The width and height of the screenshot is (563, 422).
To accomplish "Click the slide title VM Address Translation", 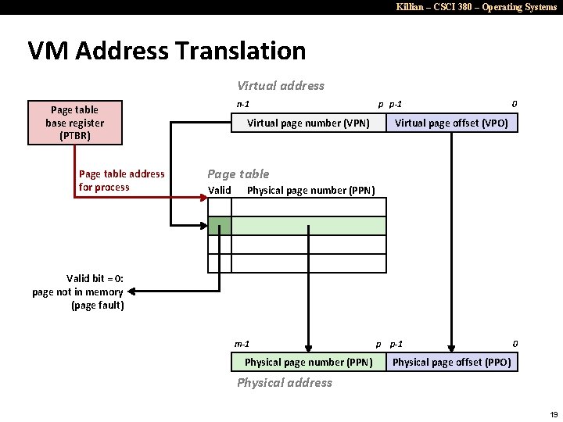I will tap(167, 51).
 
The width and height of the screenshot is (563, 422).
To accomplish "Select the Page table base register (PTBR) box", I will tap(75, 123).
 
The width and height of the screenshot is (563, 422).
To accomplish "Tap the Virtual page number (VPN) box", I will tap(308, 123).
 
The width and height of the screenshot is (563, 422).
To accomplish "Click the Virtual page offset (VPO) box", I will tap(451, 123).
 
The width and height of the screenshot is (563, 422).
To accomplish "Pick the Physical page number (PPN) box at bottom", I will tap(308, 362).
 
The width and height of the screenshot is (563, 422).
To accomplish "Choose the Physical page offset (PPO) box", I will tap(451, 362).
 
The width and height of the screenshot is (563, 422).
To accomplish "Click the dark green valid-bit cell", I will tap(220, 226).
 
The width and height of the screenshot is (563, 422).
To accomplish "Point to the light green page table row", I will tap(309, 226).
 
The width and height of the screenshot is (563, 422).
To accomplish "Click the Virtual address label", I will tap(281, 86).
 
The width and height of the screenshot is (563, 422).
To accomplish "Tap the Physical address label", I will tap(285, 382).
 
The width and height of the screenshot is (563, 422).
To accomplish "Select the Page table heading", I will tap(238, 173).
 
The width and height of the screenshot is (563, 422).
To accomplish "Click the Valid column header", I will tap(220, 190).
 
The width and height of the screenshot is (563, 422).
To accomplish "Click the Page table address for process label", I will tap(121, 181).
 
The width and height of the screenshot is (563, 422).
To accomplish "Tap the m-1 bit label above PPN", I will tap(242, 344).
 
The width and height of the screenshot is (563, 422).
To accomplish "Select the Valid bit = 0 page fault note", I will tap(78, 291).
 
